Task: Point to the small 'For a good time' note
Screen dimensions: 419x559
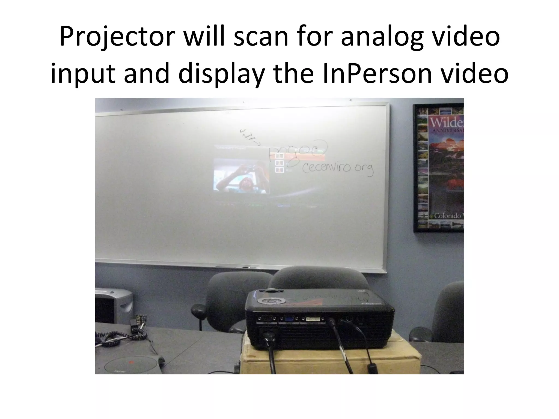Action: click(x=247, y=134)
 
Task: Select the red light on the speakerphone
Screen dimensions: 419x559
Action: click(x=131, y=362)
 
